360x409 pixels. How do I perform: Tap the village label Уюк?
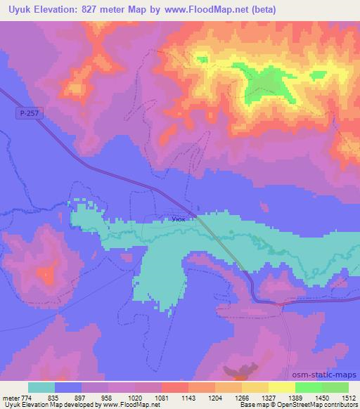(179, 219)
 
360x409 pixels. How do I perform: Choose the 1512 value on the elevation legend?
(348, 397)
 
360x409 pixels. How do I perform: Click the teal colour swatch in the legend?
(41, 387)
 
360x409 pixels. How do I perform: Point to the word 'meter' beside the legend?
(11, 397)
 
